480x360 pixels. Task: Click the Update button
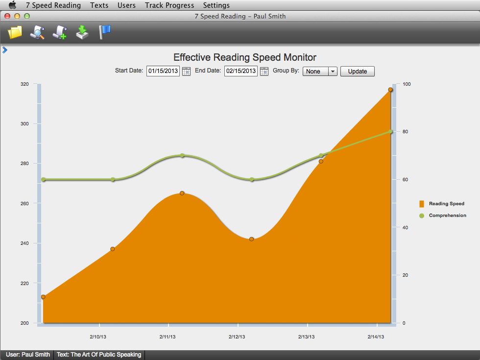(x=357, y=72)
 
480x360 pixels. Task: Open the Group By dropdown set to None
(x=320, y=72)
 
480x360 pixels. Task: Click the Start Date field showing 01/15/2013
(x=163, y=71)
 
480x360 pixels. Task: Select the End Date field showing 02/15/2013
(x=241, y=71)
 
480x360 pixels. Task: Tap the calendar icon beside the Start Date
(x=186, y=72)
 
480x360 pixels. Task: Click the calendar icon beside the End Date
(x=264, y=72)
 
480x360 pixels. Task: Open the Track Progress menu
(x=169, y=5)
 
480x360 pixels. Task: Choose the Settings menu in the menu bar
(x=216, y=5)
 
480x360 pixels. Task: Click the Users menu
(x=127, y=5)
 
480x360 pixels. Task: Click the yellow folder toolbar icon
(x=15, y=32)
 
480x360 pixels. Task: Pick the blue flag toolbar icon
(x=104, y=32)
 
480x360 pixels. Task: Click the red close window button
(x=7, y=16)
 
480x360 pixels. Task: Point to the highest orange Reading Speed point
(x=390, y=90)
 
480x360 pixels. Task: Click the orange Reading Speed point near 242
(x=252, y=239)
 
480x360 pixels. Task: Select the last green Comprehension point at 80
(x=390, y=132)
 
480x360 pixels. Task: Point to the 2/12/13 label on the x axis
(x=237, y=337)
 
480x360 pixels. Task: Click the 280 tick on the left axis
(x=24, y=164)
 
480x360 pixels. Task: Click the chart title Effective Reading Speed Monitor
(x=245, y=57)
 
